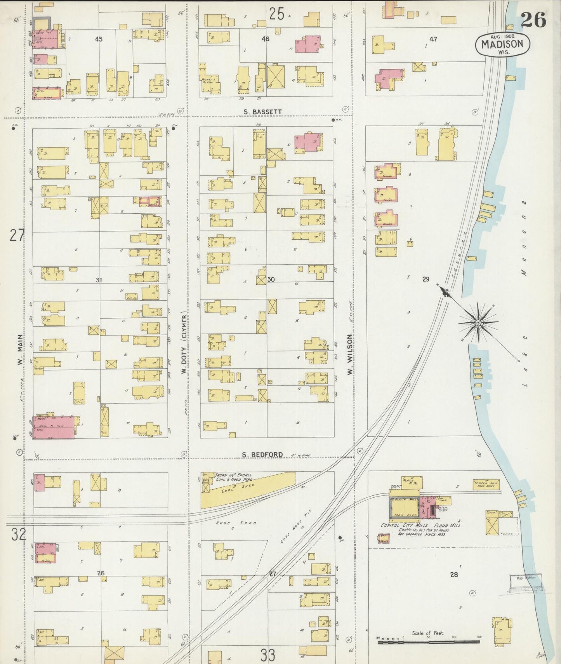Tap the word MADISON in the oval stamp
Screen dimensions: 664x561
(x=503, y=44)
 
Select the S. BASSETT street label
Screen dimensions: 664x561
(x=262, y=112)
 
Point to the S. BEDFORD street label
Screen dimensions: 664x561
(x=262, y=455)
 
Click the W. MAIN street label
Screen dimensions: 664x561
(x=19, y=350)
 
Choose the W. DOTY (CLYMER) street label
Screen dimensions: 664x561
(x=184, y=342)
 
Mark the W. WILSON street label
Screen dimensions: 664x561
(x=350, y=354)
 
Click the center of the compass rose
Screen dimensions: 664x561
(x=478, y=322)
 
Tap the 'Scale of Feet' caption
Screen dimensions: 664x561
(x=428, y=633)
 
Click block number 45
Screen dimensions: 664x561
(x=99, y=39)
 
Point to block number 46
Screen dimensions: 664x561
(x=265, y=39)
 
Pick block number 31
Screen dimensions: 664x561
(x=99, y=280)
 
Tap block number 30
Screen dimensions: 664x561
(x=271, y=279)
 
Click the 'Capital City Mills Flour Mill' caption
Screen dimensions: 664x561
(x=420, y=525)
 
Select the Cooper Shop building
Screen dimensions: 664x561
(x=486, y=484)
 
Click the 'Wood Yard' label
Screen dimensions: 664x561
(x=236, y=523)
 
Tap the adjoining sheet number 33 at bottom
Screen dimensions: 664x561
(x=268, y=655)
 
